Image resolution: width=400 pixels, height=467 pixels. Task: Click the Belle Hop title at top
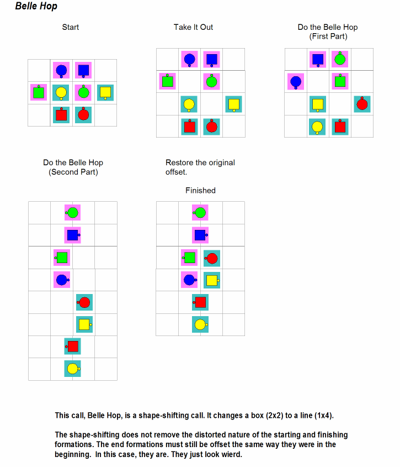pyautogui.click(x=36, y=6)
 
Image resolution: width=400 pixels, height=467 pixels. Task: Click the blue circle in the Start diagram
pyautogui.click(x=61, y=71)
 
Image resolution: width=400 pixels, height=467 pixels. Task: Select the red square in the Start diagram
pyautogui.click(x=61, y=114)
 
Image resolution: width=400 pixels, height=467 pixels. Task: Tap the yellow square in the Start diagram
pyautogui.click(x=105, y=93)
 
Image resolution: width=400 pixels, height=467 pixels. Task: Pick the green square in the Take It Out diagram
pyautogui.click(x=168, y=81)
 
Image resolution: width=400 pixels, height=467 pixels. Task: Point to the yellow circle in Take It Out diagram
pyautogui.click(x=189, y=104)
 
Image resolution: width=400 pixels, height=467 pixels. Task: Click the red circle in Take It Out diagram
pyautogui.click(x=211, y=126)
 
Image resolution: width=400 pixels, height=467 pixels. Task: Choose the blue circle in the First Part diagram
pyautogui.click(x=296, y=82)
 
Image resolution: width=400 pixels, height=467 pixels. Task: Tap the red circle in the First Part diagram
pyautogui.click(x=362, y=104)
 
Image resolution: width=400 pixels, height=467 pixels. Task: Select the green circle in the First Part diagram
pyautogui.click(x=340, y=59)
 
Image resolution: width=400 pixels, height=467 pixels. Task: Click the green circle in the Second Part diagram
pyautogui.click(x=72, y=213)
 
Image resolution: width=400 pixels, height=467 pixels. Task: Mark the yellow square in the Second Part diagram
pyautogui.click(x=85, y=324)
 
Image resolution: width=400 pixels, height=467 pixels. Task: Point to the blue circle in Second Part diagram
pyautogui.click(x=62, y=280)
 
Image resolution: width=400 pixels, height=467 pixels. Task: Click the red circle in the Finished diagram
pyautogui.click(x=211, y=258)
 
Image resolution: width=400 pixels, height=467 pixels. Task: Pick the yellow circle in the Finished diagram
pyautogui.click(x=201, y=324)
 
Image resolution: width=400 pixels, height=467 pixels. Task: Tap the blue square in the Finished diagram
pyautogui.click(x=201, y=235)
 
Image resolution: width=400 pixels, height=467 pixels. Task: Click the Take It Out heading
pyautogui.click(x=193, y=27)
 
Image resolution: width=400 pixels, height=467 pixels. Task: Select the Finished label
pyautogui.click(x=200, y=190)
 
